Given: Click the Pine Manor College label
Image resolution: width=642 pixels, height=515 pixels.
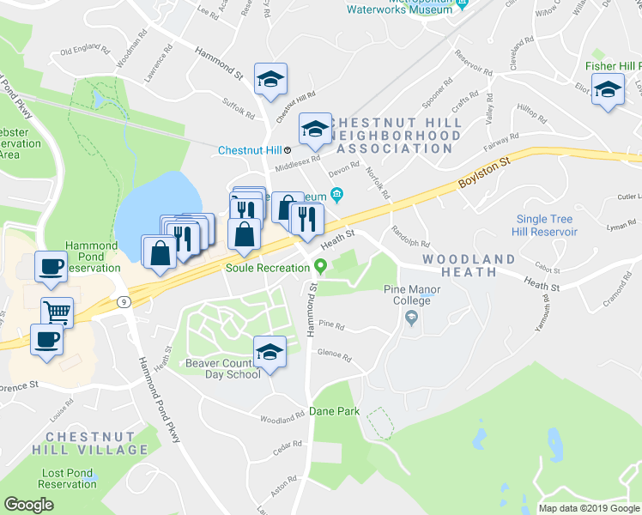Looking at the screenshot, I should [411, 295].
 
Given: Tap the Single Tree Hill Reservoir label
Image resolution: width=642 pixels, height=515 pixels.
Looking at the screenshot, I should [546, 225].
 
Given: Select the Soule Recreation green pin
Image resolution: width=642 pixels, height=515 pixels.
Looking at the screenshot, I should [320, 266].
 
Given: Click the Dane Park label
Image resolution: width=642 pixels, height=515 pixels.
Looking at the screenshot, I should [334, 412].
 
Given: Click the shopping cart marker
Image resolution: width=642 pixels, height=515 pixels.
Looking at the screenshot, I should [57, 313].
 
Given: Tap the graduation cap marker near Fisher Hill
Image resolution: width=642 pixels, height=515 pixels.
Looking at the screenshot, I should [609, 90].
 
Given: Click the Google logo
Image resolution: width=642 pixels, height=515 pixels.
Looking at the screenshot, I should [28, 505].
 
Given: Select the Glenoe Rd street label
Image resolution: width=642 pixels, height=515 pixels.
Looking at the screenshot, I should [334, 355].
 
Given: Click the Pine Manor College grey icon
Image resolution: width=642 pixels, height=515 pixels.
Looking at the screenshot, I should [411, 318].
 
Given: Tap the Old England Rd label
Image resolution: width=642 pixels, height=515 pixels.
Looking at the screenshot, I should [85, 51].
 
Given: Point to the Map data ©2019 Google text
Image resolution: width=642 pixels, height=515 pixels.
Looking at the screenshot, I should [588, 508].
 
